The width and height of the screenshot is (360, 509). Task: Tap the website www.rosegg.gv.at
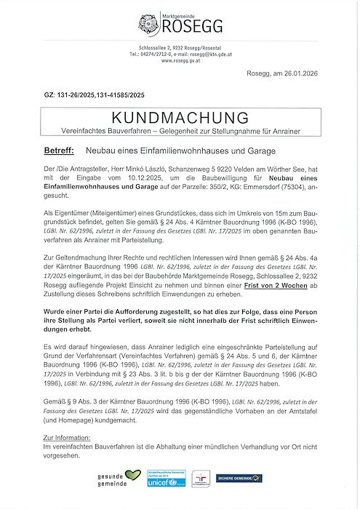181,60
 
